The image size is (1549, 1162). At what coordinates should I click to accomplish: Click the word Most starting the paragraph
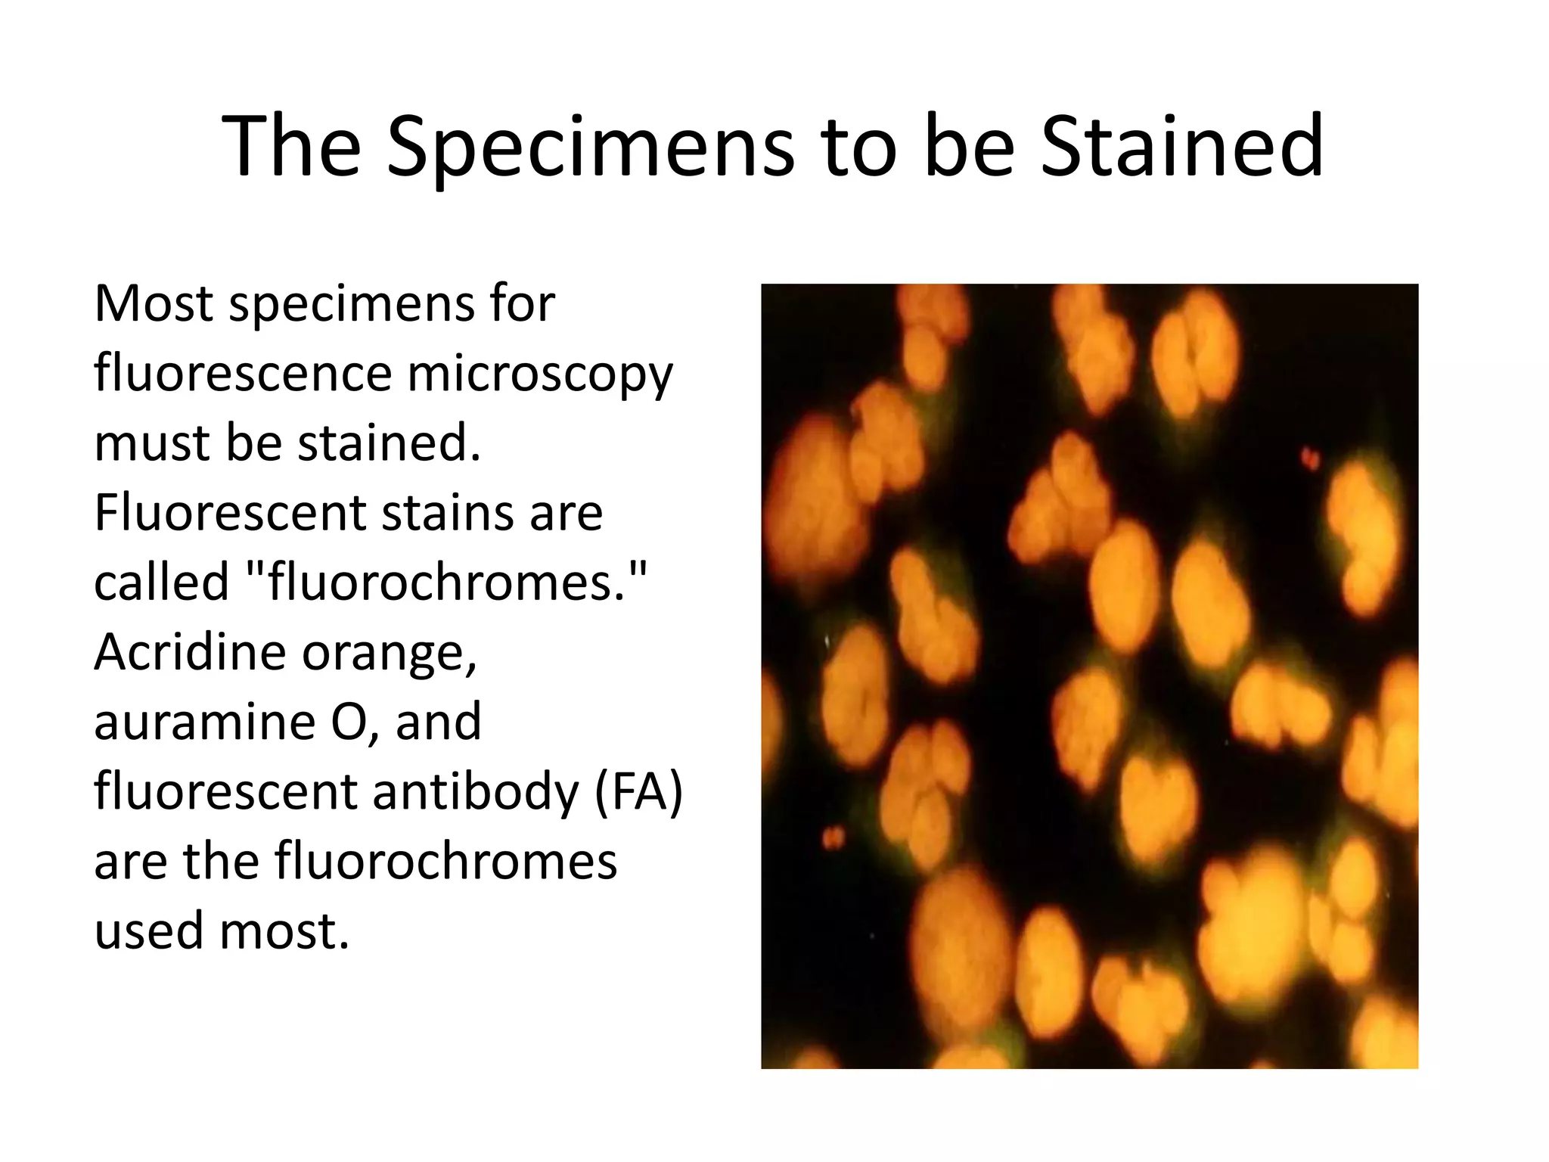[x=154, y=304]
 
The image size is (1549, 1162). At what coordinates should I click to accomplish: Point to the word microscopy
[x=539, y=375]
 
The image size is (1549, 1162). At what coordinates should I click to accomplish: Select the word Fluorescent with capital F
[x=230, y=513]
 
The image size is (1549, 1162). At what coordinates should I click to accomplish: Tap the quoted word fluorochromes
[x=447, y=583]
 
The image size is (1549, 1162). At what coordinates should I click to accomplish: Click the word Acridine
[x=190, y=652]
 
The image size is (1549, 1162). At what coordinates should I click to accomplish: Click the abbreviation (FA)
[x=638, y=792]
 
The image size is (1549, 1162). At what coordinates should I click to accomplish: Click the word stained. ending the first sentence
[x=389, y=443]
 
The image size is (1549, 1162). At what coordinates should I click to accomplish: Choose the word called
[x=161, y=583]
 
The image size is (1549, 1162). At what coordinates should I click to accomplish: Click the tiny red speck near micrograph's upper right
[x=1310, y=458]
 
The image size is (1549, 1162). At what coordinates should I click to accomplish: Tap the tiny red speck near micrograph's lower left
[x=832, y=837]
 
